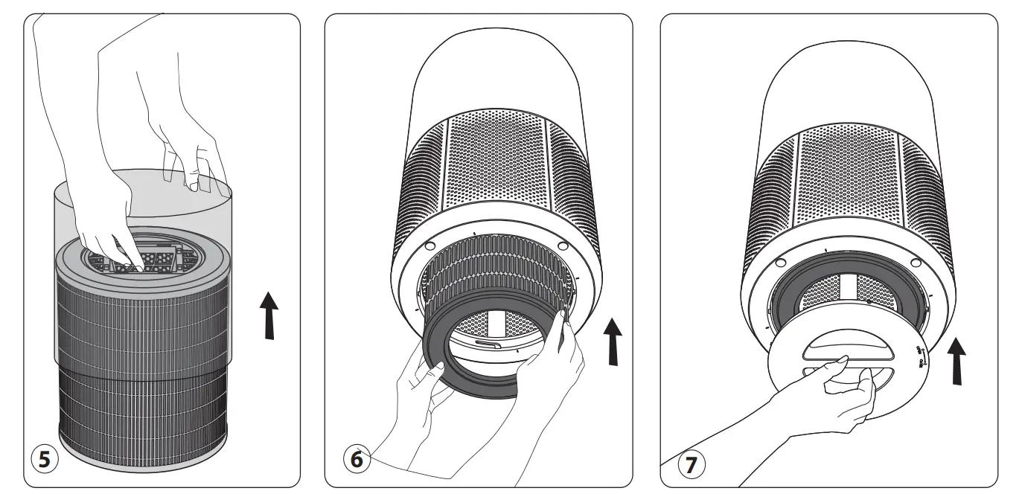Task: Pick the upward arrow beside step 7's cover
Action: pyautogui.click(x=959, y=361)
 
